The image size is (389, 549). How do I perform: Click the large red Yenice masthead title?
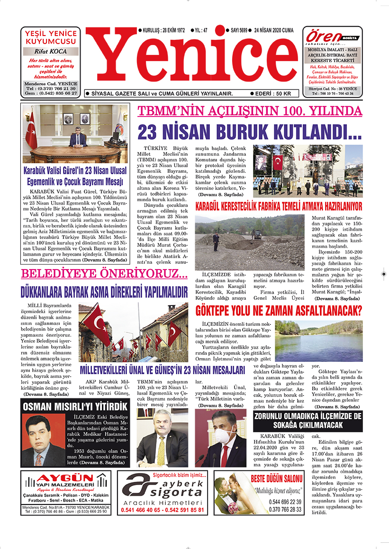click(x=192, y=61)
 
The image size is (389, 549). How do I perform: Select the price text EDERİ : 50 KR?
click(x=274, y=93)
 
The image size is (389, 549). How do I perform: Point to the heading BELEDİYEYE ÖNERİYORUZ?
click(x=104, y=274)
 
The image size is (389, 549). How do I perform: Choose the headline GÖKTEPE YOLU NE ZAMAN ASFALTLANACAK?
click(x=279, y=311)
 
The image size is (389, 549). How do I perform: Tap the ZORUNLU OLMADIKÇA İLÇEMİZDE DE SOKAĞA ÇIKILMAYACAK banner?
click(x=308, y=420)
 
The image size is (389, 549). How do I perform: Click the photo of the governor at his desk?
click(x=75, y=134)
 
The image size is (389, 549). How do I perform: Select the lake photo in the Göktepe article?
click(x=318, y=341)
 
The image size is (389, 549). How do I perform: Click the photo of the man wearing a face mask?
click(x=220, y=438)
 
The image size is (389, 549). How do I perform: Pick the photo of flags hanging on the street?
click(x=133, y=333)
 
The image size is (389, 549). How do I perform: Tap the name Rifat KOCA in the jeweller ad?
click(x=51, y=52)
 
